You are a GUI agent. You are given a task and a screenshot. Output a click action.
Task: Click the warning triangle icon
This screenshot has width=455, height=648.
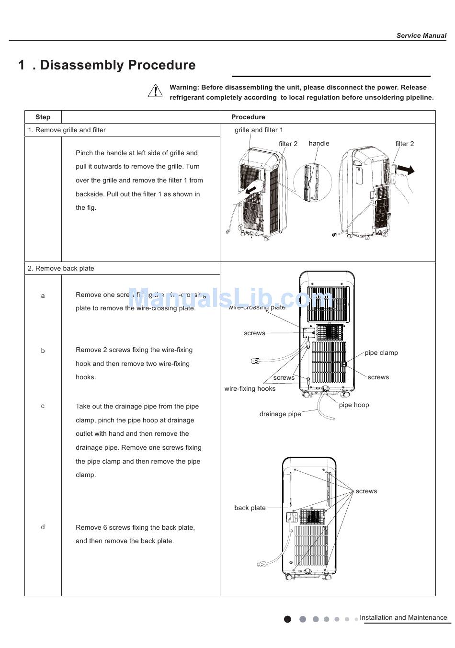155,91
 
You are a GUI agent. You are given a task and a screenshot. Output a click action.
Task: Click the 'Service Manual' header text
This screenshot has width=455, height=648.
421,35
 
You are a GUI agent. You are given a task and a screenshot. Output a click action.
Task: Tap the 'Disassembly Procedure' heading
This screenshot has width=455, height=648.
117,65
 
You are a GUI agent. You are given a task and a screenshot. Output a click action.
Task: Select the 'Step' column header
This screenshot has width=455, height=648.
43,117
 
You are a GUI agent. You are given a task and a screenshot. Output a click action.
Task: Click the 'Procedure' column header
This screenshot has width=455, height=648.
248,117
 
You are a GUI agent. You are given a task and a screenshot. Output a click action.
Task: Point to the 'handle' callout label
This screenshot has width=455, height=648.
319,143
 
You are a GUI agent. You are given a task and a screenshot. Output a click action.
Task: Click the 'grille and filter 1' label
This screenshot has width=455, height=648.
259,130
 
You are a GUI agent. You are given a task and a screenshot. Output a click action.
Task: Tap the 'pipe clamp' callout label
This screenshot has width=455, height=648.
381,352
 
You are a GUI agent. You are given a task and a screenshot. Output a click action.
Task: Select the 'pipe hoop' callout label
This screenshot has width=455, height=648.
354,405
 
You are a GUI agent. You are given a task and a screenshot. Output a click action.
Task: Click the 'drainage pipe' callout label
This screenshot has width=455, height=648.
280,414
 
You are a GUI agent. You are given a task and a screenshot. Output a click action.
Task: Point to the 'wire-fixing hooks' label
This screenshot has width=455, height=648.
250,388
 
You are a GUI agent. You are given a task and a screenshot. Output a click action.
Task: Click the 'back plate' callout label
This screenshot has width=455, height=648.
250,508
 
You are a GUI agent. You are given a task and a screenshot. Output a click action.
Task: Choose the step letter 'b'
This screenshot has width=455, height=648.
43,351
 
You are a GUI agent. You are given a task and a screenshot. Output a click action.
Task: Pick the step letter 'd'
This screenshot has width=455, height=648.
43,527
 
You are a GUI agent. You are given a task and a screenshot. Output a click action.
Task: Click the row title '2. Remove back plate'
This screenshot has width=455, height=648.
61,268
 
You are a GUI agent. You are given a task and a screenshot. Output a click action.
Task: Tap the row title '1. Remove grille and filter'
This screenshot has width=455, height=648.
67,130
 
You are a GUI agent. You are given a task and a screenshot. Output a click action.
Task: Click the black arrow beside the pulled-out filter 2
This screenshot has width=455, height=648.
406,170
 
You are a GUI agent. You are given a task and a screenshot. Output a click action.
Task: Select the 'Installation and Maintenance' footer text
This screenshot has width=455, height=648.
403,617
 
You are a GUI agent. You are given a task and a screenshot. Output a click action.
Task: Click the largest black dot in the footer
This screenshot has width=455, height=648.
287,619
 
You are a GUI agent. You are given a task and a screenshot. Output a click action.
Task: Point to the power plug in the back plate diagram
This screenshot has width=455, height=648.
262,564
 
